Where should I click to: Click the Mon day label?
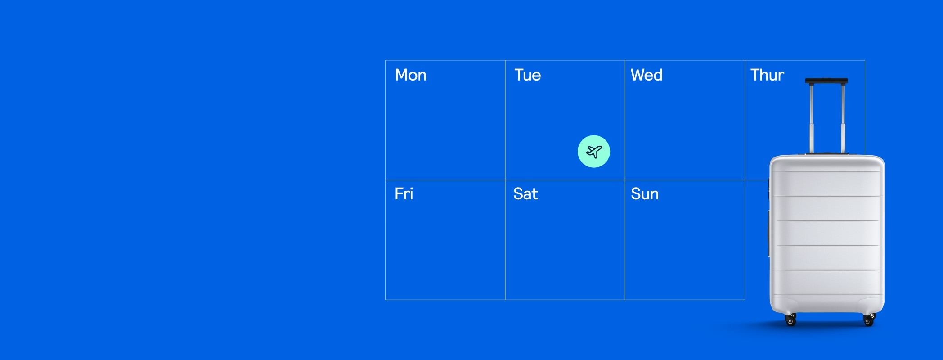click(410, 75)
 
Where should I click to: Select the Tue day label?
click(527, 75)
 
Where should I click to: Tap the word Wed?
click(647, 75)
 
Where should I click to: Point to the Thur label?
click(767, 75)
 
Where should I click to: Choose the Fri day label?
click(404, 194)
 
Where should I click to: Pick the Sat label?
click(525, 194)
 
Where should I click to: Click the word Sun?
click(645, 194)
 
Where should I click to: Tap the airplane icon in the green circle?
click(594, 152)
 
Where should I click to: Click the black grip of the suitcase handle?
click(826, 81)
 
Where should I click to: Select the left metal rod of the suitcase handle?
click(812, 119)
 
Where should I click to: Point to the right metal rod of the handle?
click(843, 119)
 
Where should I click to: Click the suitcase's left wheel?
click(790, 320)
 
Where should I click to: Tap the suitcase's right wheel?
click(869, 320)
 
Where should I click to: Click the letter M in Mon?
click(401, 75)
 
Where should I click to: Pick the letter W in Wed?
click(638, 75)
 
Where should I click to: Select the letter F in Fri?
click(399, 194)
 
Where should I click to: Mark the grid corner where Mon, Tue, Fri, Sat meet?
click(505, 180)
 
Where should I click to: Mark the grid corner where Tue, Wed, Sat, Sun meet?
click(625, 180)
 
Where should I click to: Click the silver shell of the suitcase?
click(827, 234)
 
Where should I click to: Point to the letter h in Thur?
click(764, 75)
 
